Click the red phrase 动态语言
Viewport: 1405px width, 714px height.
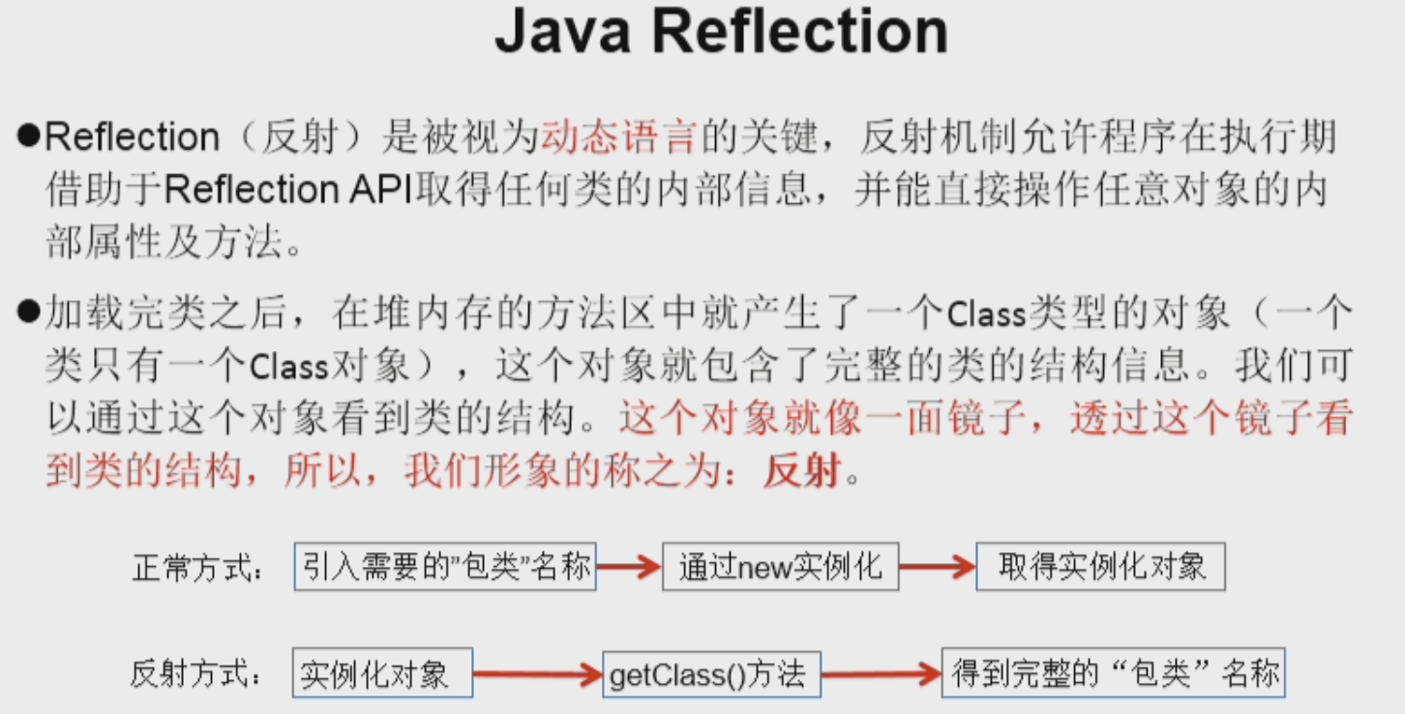coord(618,138)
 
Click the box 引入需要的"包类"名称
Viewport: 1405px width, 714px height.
coord(445,566)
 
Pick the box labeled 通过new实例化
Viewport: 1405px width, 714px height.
coord(780,567)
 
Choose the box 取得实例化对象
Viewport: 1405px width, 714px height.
coord(1101,567)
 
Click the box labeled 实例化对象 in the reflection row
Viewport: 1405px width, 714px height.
coord(383,673)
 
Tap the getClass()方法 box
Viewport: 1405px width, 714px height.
coord(712,673)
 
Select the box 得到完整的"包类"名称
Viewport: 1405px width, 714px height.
coord(1114,673)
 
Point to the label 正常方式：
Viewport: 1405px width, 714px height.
coord(197,569)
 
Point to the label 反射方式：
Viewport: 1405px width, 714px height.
coord(197,675)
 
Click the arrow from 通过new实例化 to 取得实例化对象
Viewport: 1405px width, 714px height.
coord(937,568)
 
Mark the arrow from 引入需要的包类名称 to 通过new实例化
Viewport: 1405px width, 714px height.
coord(628,568)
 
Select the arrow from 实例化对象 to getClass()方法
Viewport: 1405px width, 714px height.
coord(537,673)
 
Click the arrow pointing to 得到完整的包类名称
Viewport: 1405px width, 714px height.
coord(882,673)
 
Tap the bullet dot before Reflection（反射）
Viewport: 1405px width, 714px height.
coord(27,137)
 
